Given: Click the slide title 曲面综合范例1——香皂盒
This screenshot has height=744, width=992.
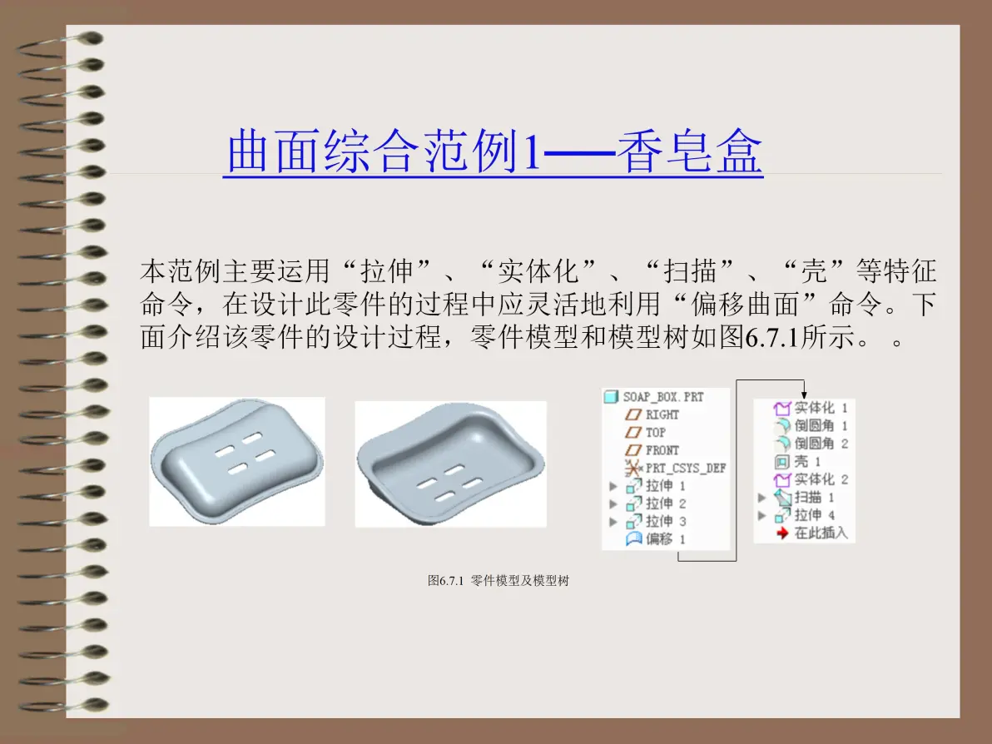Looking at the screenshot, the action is pyautogui.click(x=494, y=151).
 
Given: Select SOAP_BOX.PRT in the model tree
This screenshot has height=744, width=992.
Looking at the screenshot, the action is pyautogui.click(x=663, y=397).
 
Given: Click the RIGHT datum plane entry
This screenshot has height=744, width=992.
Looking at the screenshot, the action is pyautogui.click(x=662, y=415).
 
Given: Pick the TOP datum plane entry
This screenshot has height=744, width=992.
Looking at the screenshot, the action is pyautogui.click(x=656, y=433).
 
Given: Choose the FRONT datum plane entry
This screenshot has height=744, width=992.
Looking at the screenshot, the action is pyautogui.click(x=662, y=450).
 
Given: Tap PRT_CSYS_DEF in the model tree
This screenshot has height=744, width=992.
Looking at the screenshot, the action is pyautogui.click(x=686, y=469).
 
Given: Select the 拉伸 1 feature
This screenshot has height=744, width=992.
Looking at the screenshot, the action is pyautogui.click(x=666, y=486).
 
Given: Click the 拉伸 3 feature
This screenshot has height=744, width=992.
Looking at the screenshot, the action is pyautogui.click(x=666, y=521).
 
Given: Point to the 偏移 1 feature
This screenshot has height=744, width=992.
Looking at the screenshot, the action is pyautogui.click(x=666, y=539).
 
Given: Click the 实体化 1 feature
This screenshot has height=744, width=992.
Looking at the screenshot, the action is pyautogui.click(x=821, y=408).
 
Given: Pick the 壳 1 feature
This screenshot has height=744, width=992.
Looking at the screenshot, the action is pyautogui.click(x=807, y=461).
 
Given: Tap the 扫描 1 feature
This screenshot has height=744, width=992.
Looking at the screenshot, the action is pyautogui.click(x=814, y=498).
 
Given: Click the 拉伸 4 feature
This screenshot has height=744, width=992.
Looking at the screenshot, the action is pyautogui.click(x=814, y=515).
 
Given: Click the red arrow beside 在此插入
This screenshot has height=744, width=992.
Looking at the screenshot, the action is pyautogui.click(x=782, y=533).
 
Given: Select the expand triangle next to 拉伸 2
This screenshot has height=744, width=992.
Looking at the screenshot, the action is pyautogui.click(x=613, y=504).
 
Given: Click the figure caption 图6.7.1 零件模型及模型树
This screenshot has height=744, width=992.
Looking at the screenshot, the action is pyautogui.click(x=498, y=580).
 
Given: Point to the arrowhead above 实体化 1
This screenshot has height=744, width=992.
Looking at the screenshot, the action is pyautogui.click(x=803, y=394).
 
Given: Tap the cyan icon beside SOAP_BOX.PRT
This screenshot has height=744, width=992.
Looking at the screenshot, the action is pyautogui.click(x=611, y=397).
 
